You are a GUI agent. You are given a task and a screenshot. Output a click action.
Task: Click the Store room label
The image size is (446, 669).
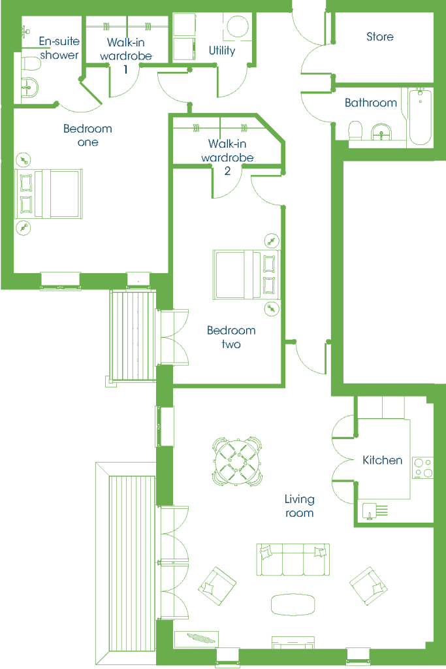(x=379, y=37)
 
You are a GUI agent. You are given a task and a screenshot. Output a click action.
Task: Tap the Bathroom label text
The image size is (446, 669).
(x=370, y=103)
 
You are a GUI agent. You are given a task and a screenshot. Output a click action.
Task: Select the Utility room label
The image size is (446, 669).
(x=222, y=51)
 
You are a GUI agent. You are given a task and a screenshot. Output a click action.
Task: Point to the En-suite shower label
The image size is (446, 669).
(x=59, y=48)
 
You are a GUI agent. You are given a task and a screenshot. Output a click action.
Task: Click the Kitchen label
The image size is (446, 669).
(x=382, y=460)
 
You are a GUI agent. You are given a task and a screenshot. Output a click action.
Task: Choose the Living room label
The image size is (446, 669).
(x=299, y=506)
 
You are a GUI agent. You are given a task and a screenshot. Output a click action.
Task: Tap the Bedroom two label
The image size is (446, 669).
(x=231, y=337)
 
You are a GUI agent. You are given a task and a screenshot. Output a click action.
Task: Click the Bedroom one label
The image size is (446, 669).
(x=88, y=135)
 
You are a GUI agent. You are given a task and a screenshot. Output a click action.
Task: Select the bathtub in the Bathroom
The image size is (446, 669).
(x=421, y=116)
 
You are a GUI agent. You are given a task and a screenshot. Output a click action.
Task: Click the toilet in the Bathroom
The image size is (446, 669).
(x=355, y=130)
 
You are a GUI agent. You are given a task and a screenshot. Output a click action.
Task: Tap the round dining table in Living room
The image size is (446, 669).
(x=238, y=461)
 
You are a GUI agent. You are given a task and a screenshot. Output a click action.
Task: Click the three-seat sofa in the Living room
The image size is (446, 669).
(x=293, y=559)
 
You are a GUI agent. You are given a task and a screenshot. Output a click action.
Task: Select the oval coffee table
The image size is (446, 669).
(x=293, y=604)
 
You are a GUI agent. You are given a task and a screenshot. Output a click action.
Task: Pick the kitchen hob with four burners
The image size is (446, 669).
(x=422, y=468)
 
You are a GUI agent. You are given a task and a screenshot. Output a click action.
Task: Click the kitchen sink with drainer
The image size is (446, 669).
(x=375, y=511)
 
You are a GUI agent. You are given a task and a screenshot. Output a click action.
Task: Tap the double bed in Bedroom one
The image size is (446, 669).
(x=48, y=193)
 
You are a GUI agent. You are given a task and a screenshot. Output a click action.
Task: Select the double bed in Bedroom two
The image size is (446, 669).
(x=246, y=274)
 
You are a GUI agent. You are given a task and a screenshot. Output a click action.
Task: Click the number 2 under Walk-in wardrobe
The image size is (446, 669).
(x=227, y=171)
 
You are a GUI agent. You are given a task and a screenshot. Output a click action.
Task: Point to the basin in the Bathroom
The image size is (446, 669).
(x=381, y=132)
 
